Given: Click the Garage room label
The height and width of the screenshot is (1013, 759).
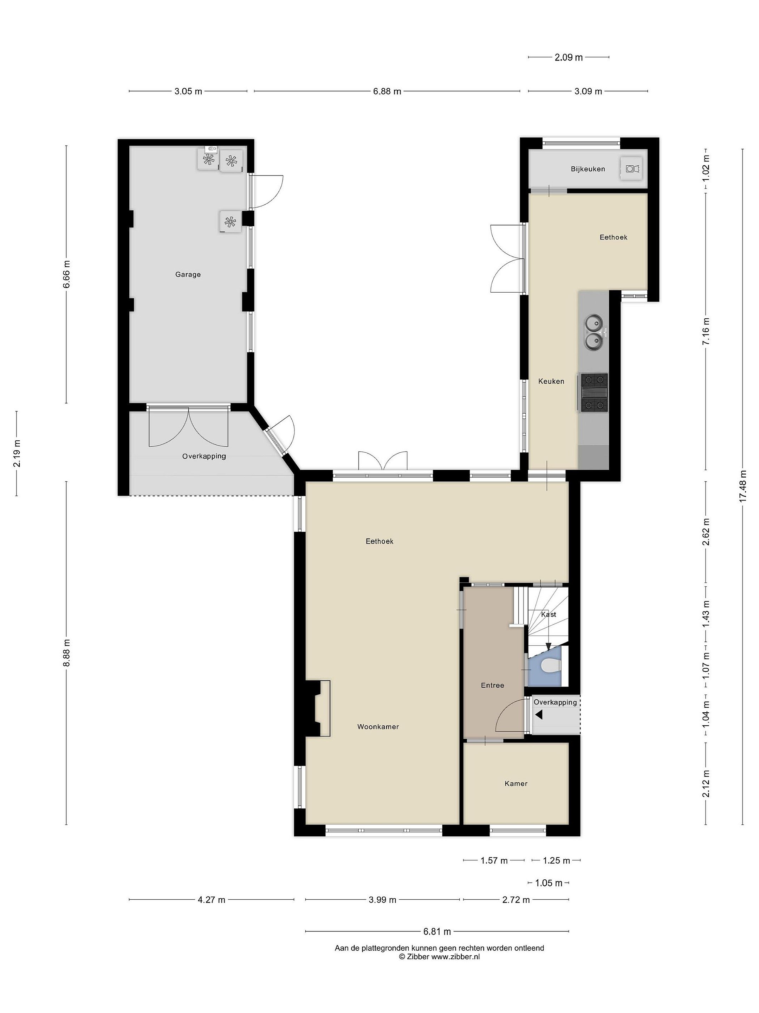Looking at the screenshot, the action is [188, 274].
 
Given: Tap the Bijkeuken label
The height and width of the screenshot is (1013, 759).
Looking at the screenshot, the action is [588, 169].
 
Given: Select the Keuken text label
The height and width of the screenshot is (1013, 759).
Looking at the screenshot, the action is [551, 381].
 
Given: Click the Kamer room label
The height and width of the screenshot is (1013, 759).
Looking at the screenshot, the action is [516, 784].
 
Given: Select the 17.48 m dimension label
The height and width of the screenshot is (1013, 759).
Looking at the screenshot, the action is [742, 486].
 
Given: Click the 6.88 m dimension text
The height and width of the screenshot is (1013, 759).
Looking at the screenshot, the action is [387, 91].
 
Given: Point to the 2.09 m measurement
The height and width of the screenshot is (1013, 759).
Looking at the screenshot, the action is [569, 57].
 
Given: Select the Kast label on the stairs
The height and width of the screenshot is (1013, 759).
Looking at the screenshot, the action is [549, 614].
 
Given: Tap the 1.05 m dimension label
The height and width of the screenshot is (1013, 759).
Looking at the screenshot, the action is [549, 883].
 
